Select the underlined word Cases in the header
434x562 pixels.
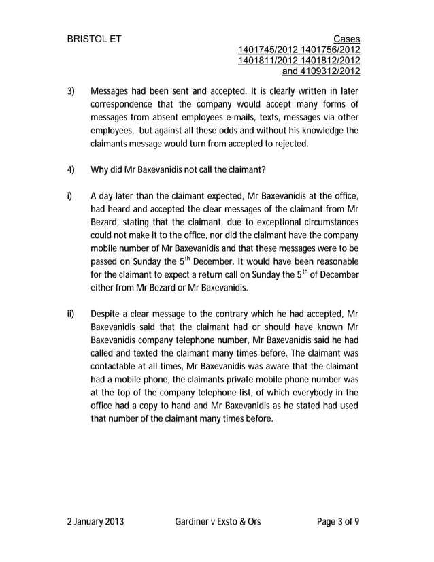tap(347, 39)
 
